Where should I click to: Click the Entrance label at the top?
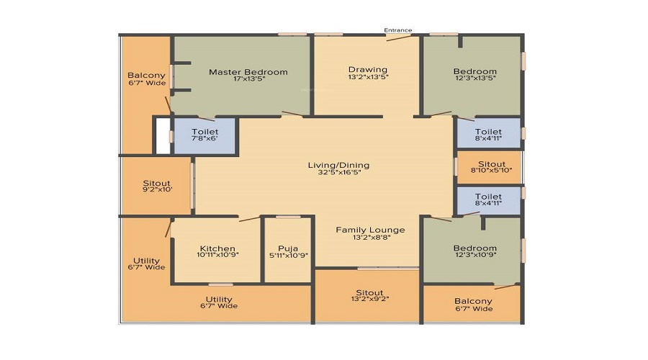tap(397, 30)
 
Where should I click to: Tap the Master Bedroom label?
tap(248, 72)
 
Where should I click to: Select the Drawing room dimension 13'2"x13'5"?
tap(368, 77)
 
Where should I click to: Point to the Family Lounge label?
tap(370, 230)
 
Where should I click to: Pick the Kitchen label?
tap(218, 248)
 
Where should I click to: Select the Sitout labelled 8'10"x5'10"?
tap(490, 171)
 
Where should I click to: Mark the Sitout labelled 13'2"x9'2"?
tap(369, 299)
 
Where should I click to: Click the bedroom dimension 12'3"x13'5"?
tap(474, 78)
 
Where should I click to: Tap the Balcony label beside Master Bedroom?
tap(146, 76)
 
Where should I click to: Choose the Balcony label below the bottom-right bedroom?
tap(474, 301)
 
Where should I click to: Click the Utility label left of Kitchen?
tap(146, 261)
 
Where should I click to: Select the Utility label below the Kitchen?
tap(219, 299)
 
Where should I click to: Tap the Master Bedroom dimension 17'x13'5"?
tap(248, 79)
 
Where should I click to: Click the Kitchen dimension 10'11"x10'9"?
tap(218, 256)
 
